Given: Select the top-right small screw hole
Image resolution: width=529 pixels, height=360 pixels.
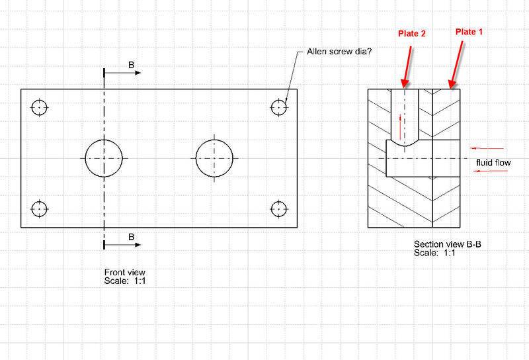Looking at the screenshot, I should coord(280,107).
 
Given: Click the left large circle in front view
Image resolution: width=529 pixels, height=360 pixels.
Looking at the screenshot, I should coord(104,158).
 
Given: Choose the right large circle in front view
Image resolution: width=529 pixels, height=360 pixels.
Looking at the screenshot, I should coord(214,158).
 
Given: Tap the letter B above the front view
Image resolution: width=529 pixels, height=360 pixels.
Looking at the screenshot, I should coord(131,65).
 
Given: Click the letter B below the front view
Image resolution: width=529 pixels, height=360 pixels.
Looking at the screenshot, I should coord(131,236).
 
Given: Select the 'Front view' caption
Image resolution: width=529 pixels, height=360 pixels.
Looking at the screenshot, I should coord(125,272).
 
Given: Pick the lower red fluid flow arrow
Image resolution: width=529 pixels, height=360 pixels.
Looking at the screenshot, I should coord(489,171).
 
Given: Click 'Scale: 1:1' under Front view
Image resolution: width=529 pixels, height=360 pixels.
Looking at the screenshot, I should coord(124,281).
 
